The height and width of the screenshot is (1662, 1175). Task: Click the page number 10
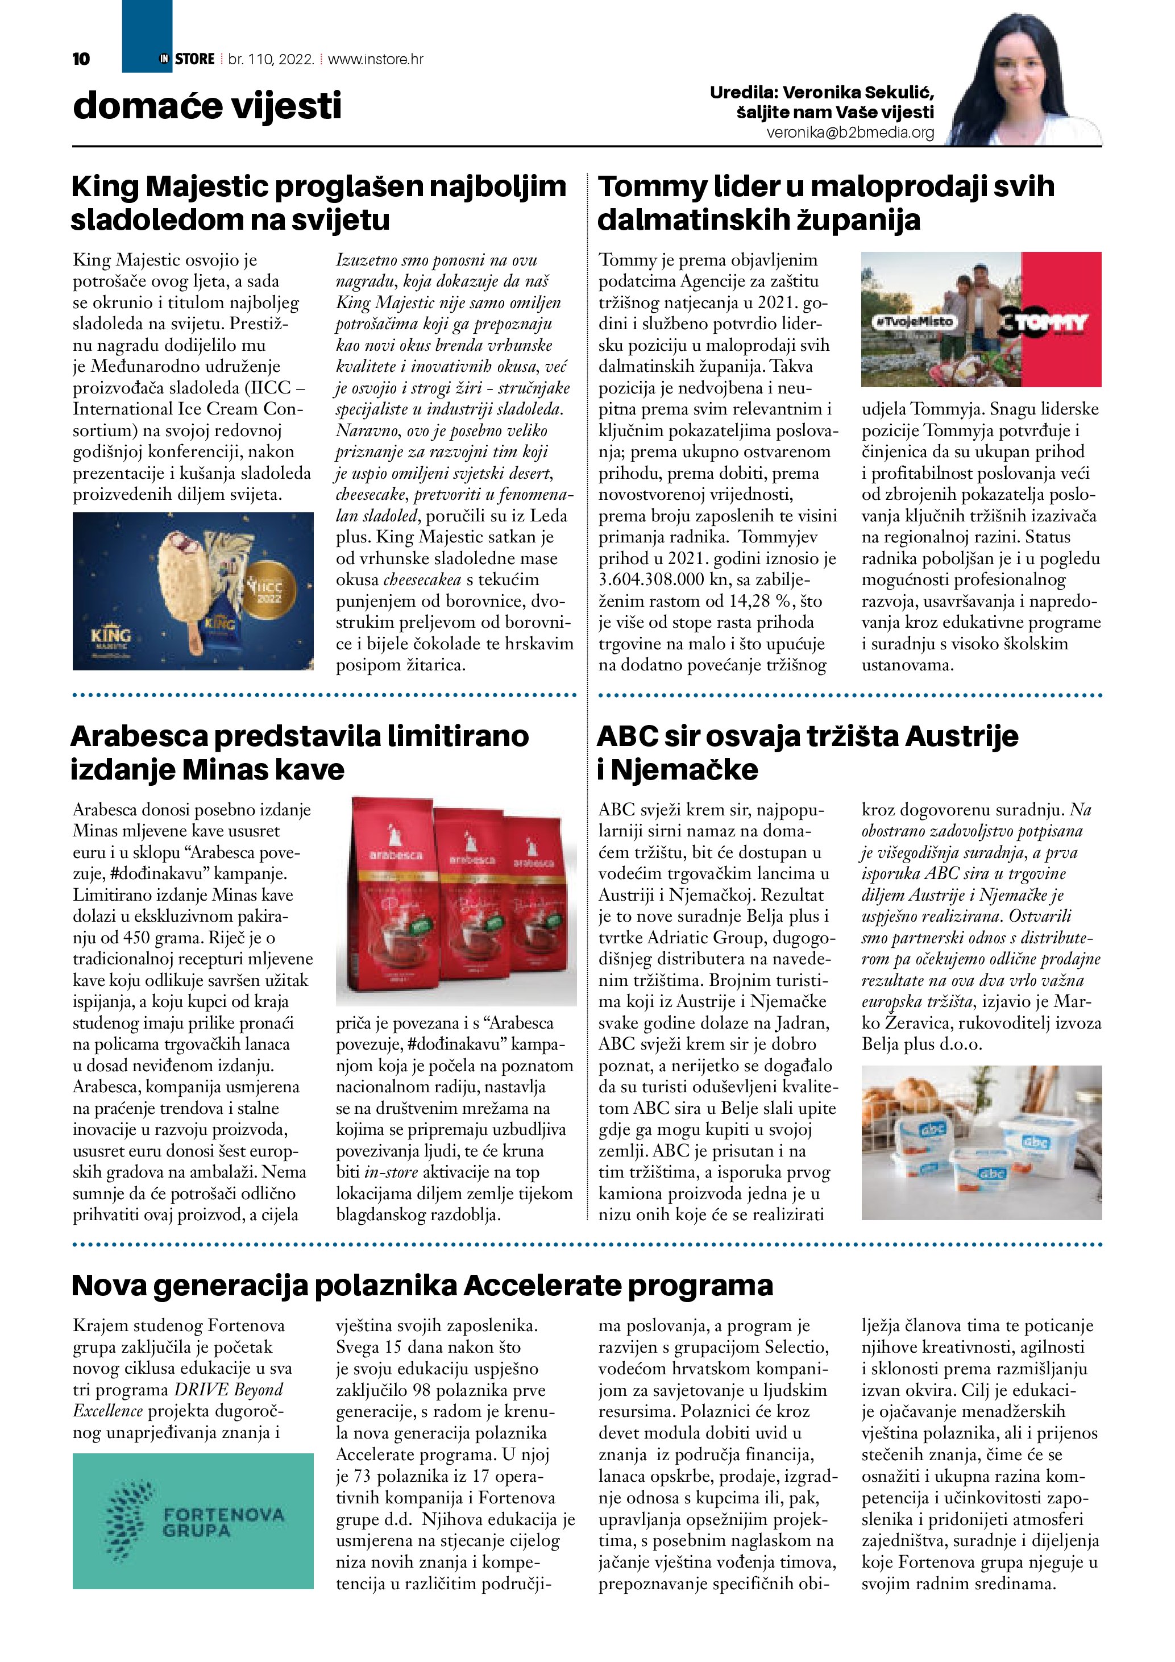(x=81, y=59)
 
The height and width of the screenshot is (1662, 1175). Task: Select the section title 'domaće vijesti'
(x=207, y=106)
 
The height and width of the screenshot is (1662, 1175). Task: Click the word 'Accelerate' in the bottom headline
(x=542, y=1286)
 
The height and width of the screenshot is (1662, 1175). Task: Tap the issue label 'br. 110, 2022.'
(x=271, y=59)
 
